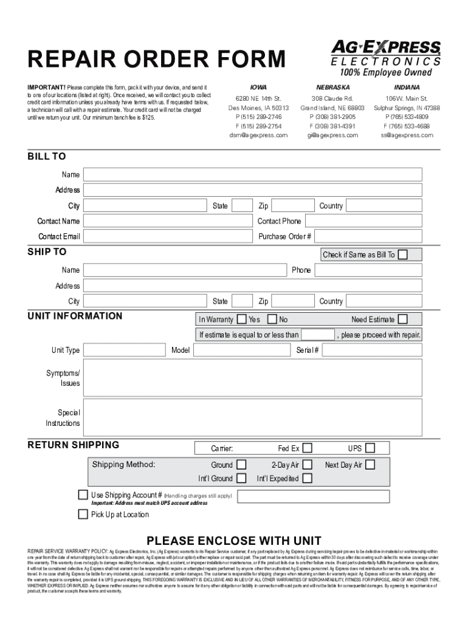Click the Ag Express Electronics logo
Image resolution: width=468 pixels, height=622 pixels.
[x=386, y=58]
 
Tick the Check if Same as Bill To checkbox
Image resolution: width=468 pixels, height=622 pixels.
[x=402, y=255]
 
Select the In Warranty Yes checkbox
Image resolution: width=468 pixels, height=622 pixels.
[x=242, y=319]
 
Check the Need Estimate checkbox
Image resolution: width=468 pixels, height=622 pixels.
[x=402, y=319]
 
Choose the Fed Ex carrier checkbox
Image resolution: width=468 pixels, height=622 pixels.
[x=308, y=448]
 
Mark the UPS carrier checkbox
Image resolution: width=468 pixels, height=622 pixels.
[x=370, y=448]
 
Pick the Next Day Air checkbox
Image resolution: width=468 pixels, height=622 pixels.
[x=370, y=465]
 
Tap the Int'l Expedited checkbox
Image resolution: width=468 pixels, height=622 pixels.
[x=308, y=479]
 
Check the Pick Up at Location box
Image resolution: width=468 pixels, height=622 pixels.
[x=83, y=514]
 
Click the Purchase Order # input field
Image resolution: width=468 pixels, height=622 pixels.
[x=368, y=236]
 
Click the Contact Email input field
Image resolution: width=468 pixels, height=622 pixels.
[x=168, y=236]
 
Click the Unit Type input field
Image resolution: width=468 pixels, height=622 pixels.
[x=125, y=350]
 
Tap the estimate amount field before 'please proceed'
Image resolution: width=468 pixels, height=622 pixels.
[x=318, y=335]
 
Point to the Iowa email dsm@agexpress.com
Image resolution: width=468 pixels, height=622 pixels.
[x=258, y=135]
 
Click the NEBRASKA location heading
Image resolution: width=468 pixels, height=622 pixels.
[x=332, y=87]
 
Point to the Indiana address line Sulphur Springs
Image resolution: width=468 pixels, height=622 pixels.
[x=407, y=108]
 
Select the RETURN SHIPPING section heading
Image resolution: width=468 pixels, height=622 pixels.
[x=74, y=445]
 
